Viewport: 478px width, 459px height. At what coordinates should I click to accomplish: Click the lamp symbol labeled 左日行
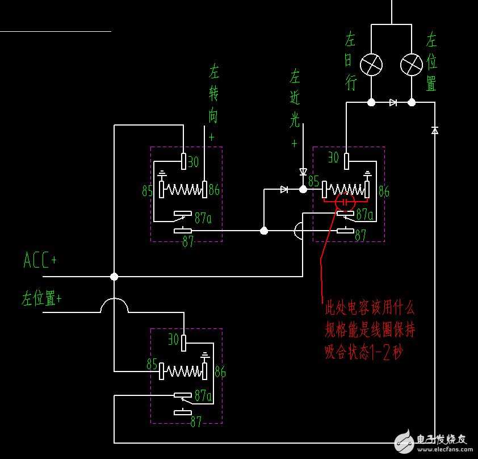coord(372,65)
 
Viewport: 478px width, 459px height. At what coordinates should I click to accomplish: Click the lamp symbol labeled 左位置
coord(412,65)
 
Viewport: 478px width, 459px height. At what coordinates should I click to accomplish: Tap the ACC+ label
coord(40,261)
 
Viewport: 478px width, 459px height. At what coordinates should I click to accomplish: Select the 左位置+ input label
coord(41,298)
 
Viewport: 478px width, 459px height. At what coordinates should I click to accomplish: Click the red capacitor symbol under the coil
coord(345,202)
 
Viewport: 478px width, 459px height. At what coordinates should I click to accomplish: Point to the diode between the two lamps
coord(393,103)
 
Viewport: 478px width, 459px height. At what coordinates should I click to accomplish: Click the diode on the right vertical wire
coord(435,130)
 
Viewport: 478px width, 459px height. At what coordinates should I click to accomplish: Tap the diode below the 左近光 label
coord(303,172)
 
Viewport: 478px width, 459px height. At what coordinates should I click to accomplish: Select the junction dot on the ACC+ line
coord(114,277)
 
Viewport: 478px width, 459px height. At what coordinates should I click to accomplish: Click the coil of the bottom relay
coord(183,372)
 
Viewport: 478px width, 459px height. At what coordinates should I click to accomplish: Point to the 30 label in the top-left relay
coord(193,162)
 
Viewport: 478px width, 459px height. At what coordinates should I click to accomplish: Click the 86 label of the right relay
coord(384,192)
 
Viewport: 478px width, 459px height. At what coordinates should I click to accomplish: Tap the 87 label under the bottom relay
coord(196,422)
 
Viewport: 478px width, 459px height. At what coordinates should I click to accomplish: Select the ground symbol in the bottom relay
coord(206,356)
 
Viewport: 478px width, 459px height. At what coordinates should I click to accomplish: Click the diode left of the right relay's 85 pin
coord(284,190)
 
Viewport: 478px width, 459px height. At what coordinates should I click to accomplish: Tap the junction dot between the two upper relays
coord(264,231)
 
